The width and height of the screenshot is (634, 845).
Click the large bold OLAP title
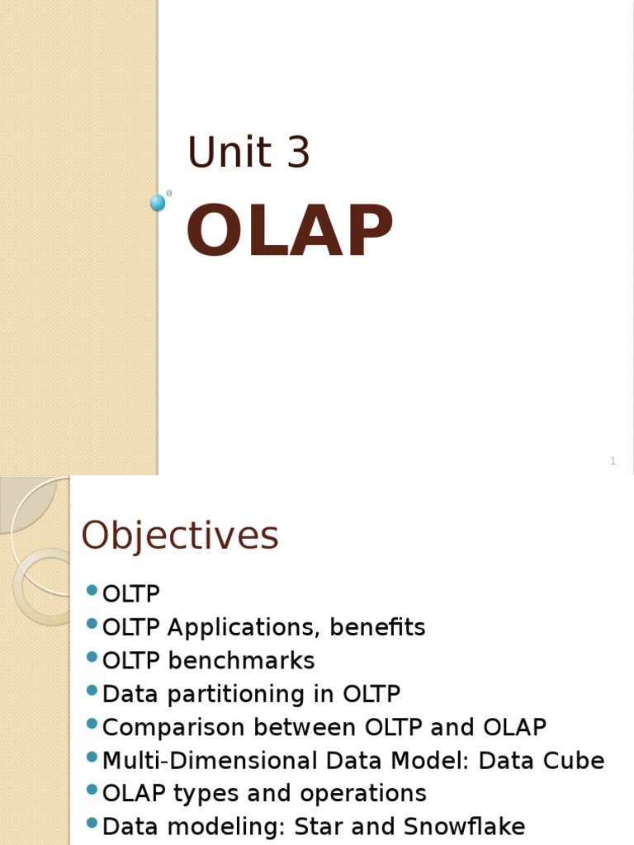pyautogui.click(x=290, y=233)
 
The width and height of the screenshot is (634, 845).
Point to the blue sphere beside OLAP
pyautogui.click(x=158, y=203)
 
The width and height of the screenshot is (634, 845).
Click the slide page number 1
pyautogui.click(x=613, y=461)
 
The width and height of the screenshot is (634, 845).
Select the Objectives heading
pyautogui.click(x=180, y=536)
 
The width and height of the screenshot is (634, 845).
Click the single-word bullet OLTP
pyautogui.click(x=131, y=594)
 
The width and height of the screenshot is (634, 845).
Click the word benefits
pyautogui.click(x=377, y=628)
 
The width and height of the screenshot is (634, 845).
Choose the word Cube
pyautogui.click(x=574, y=761)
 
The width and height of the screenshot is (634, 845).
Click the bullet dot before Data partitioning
pyautogui.click(x=92, y=692)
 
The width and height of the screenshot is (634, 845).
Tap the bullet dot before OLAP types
pyautogui.click(x=92, y=791)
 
